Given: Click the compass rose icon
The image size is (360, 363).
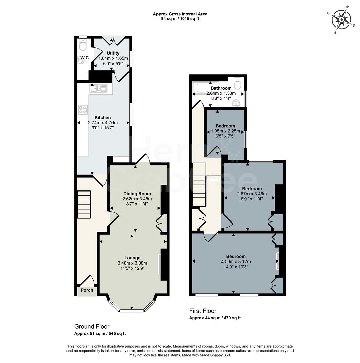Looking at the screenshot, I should [341, 19].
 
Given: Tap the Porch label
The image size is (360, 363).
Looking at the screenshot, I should [87, 290].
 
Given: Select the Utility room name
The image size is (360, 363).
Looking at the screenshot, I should [113, 53].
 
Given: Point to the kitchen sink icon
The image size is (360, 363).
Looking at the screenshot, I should [97, 88].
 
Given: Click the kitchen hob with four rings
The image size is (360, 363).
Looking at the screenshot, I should [83, 109].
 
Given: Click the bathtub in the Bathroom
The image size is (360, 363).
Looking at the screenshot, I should [205, 88].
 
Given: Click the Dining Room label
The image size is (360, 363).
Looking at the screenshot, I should [137, 194].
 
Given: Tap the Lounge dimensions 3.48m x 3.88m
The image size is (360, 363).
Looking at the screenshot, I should [132, 263].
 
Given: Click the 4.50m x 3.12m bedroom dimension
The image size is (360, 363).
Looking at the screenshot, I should [236, 261].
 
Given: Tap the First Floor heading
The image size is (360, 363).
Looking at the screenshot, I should [203, 311].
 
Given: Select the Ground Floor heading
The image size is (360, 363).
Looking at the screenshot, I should [92, 326].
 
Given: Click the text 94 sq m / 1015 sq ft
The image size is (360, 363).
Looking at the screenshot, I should [180, 19].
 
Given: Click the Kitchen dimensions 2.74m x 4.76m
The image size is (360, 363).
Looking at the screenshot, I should [103, 122].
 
